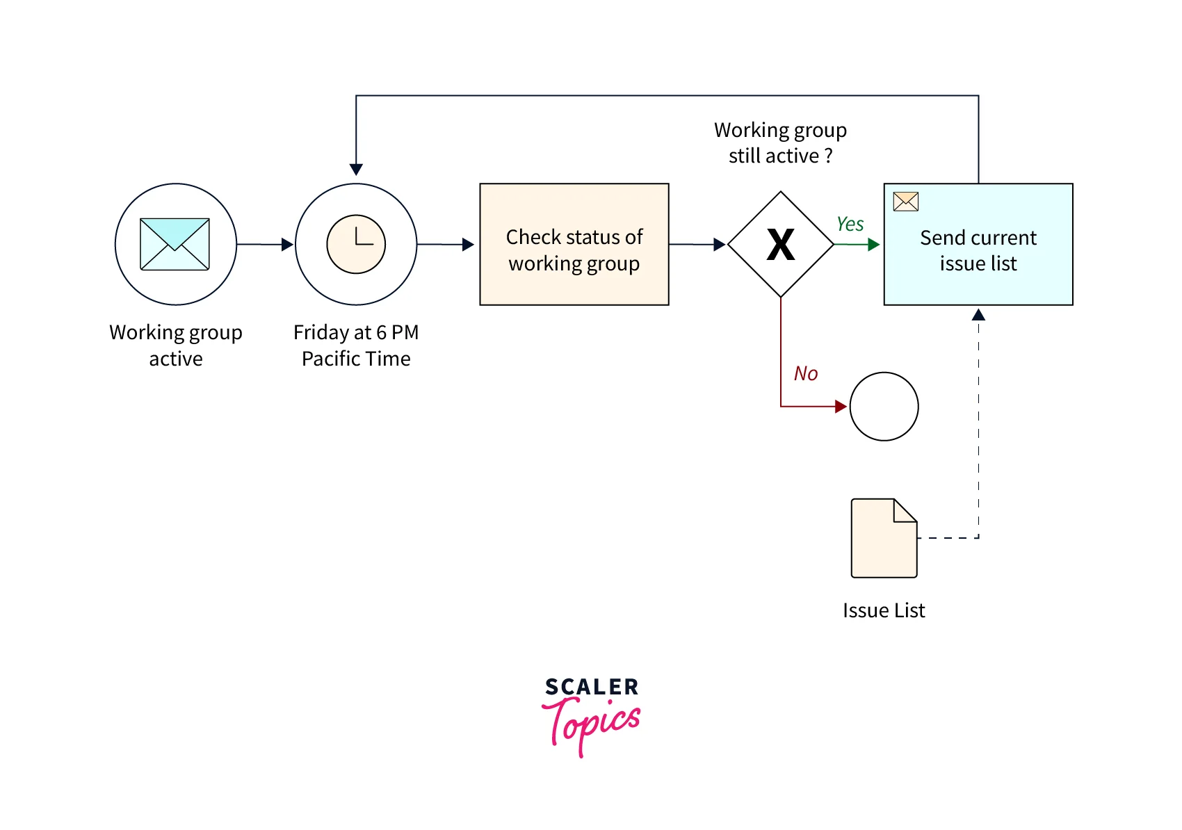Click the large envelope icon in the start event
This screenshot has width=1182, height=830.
pos(175,244)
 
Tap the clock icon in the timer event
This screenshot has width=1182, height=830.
pos(356,244)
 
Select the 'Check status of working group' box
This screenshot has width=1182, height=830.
pos(574,244)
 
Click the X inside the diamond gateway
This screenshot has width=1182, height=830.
pos(781,245)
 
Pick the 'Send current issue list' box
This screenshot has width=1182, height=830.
pos(978,250)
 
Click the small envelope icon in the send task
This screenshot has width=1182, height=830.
pos(905,202)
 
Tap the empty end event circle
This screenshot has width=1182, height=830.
pos(884,407)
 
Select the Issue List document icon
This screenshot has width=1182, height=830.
pos(884,538)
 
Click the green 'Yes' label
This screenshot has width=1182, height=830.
pos(850,224)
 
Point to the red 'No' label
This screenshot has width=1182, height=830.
pos(806,373)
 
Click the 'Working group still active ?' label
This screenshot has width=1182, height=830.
pos(780,143)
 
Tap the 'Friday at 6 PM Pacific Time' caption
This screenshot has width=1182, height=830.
pos(356,345)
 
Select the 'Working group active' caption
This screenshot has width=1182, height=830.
pos(176,345)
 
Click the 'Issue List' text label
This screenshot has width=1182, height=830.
pos(884,610)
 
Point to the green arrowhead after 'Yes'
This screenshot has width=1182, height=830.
pos(874,245)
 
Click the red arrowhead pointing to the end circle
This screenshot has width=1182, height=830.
pos(841,407)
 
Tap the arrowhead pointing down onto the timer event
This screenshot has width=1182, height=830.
pos(356,170)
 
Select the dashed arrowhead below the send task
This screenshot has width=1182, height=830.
pos(978,315)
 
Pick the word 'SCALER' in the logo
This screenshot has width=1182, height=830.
pos(592,687)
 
